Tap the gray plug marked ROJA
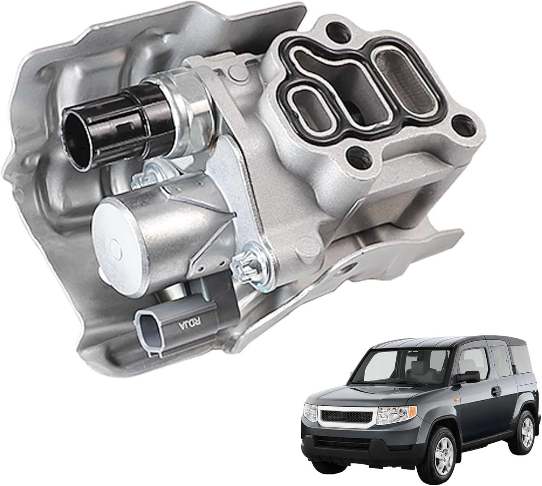tap(188, 317)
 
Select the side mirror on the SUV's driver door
tap(468, 377)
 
